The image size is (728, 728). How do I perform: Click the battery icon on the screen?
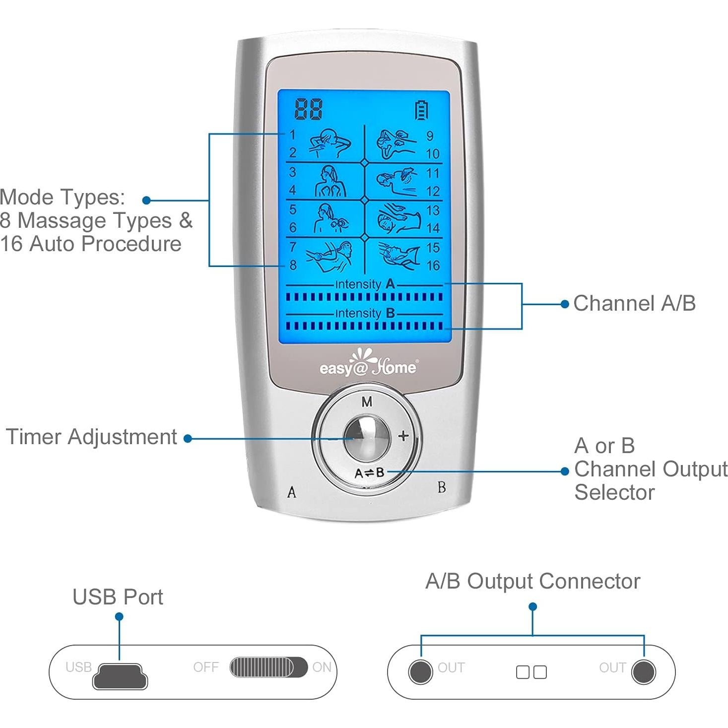point(421,110)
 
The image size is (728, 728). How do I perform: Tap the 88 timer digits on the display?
point(308,109)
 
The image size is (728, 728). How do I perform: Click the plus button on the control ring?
point(403,436)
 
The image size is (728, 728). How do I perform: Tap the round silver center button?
point(367,438)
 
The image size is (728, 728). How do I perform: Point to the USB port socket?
point(120,676)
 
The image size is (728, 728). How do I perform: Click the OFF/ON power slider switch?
point(268,667)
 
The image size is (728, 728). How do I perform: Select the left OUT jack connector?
point(420,672)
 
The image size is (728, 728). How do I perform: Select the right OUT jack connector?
point(643,672)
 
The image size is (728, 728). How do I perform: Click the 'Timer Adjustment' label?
point(91,437)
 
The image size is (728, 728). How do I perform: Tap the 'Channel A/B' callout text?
point(634,303)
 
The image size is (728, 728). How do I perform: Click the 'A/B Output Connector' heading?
point(533,581)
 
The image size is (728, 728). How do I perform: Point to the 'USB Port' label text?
point(118,597)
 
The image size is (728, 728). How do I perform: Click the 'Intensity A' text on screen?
point(365,284)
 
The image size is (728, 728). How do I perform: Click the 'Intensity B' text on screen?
point(365,313)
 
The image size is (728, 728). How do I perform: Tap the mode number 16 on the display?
point(433,265)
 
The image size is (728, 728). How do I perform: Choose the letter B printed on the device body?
point(441,487)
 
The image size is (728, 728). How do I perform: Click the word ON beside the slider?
point(322,667)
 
